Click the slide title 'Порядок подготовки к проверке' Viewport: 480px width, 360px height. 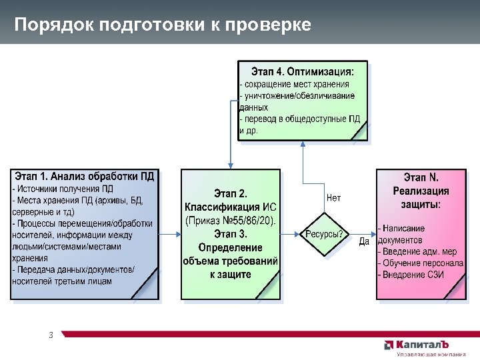(163, 25)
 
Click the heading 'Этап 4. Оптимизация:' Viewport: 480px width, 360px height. (302, 70)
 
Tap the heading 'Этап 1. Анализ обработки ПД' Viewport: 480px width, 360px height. (85, 177)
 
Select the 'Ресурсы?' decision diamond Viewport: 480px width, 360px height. (325, 234)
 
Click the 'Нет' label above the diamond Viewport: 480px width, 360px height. (334, 198)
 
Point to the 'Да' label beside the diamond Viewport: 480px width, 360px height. (364, 241)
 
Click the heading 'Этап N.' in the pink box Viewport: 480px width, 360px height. (421, 178)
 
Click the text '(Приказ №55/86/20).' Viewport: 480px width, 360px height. (230, 220)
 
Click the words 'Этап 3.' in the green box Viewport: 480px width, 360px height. (230, 234)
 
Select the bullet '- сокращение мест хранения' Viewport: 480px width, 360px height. (295, 84)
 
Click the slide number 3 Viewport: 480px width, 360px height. (51, 335)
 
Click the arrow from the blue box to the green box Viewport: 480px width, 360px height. (169, 234)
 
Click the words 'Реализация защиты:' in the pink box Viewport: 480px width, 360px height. (421, 198)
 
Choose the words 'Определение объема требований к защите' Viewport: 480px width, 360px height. (230, 261)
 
